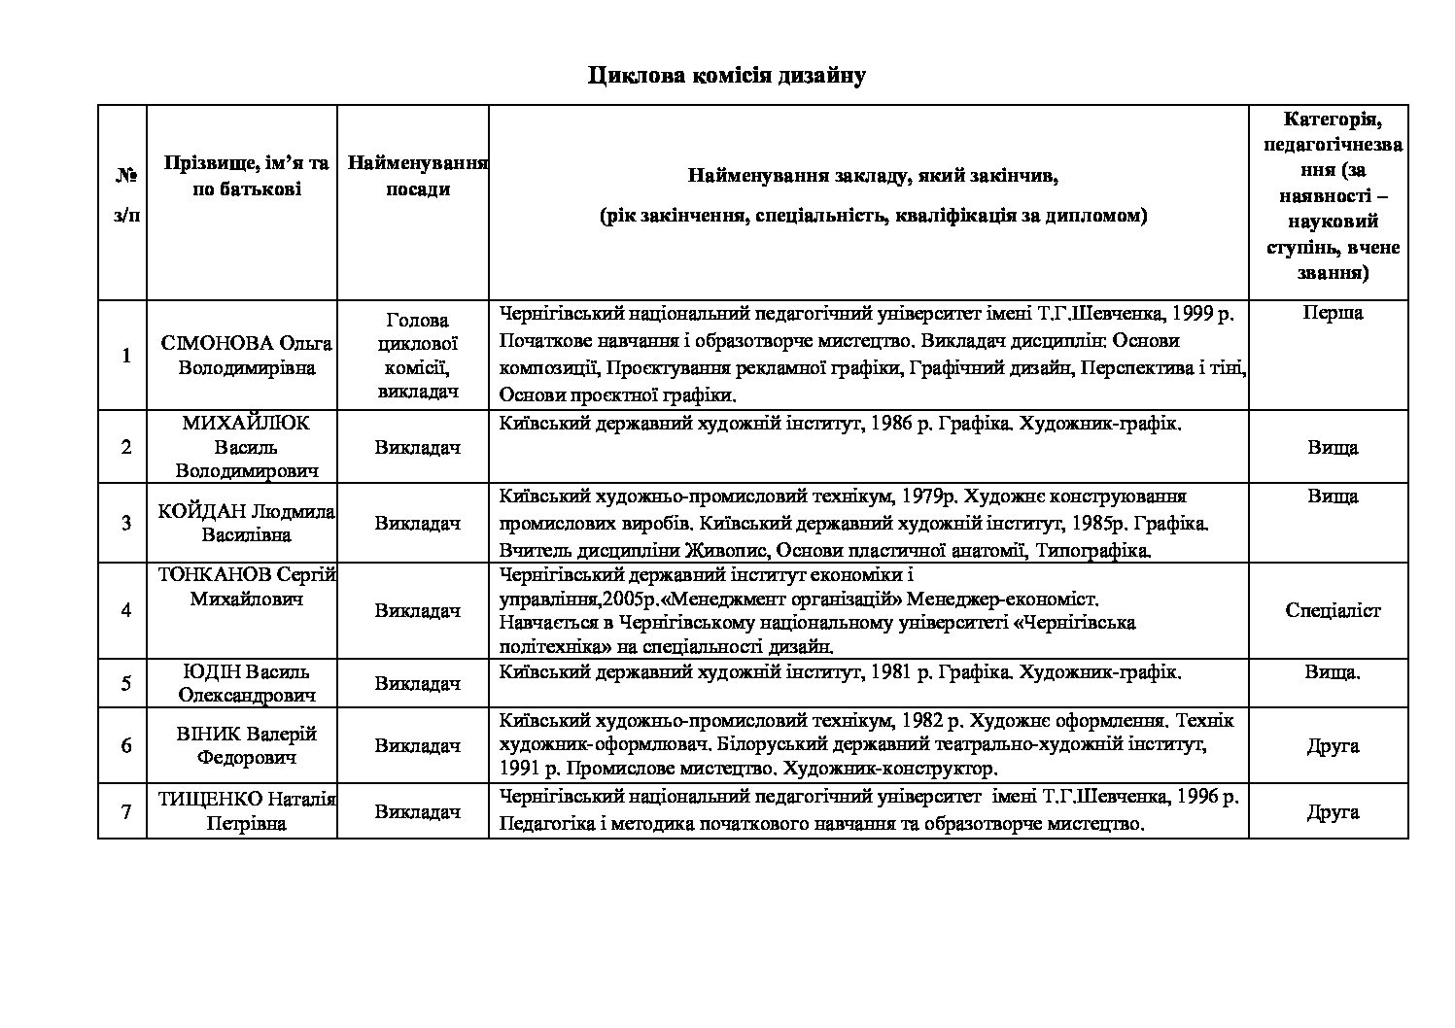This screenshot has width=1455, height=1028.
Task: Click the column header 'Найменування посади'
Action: click(x=417, y=176)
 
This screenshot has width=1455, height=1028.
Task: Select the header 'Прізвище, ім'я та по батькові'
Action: click(x=246, y=176)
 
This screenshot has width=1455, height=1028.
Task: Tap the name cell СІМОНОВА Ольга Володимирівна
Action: click(x=246, y=356)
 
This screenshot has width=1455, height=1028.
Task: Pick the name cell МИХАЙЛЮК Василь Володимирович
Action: click(x=246, y=447)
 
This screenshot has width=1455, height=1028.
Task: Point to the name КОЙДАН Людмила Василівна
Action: click(x=246, y=523)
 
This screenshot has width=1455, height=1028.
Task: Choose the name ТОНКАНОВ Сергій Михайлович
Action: click(x=246, y=587)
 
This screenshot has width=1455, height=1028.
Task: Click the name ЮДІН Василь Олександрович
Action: click(x=246, y=683)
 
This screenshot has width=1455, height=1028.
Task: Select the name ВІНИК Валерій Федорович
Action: click(x=246, y=745)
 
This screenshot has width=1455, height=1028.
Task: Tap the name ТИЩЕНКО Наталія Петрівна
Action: click(x=246, y=811)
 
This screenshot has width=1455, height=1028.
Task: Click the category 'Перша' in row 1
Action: click(x=1331, y=313)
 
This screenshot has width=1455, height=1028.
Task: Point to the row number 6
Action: click(x=126, y=746)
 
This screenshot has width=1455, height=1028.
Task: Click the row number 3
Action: click(x=126, y=523)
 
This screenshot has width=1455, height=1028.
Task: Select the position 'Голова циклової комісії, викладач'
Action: click(x=417, y=356)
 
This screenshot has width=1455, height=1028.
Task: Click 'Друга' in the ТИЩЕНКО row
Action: click(x=1333, y=811)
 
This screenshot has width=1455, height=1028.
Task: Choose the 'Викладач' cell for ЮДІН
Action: click(x=417, y=684)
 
